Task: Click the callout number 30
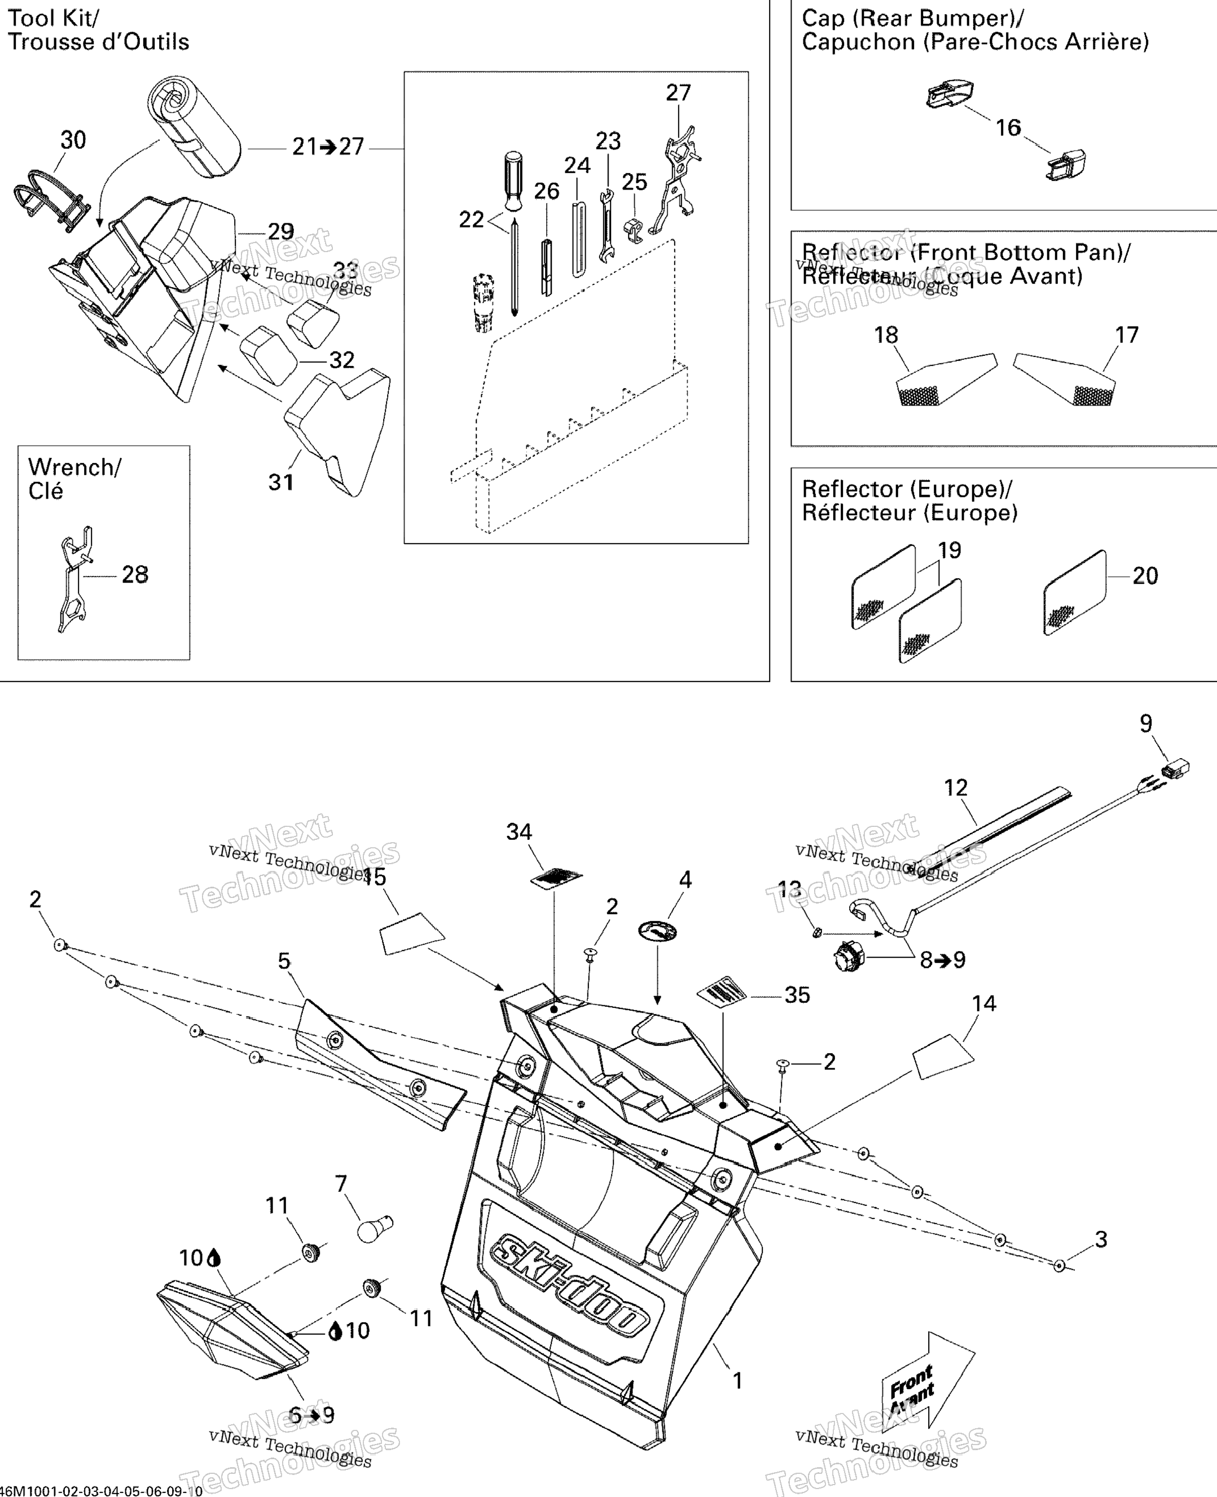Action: [73, 140]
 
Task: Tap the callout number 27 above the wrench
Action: [678, 93]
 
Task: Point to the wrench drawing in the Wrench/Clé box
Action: [74, 579]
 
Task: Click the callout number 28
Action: [135, 575]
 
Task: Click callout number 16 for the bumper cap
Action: [1008, 127]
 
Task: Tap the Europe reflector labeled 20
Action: [1074, 593]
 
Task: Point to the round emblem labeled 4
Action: [657, 931]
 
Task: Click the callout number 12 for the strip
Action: [956, 788]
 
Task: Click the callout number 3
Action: [1101, 1239]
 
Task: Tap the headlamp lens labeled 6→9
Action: [231, 1330]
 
